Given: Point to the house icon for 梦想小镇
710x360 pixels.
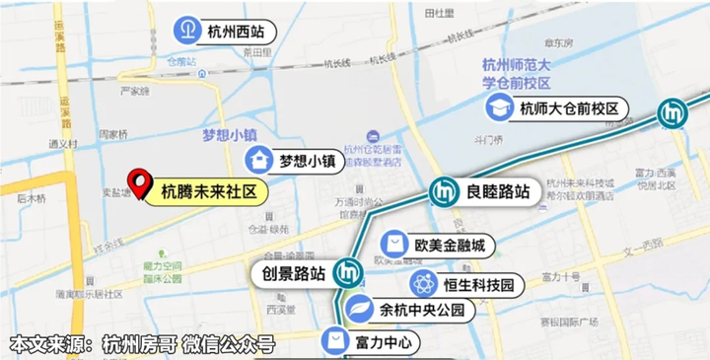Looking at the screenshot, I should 259,159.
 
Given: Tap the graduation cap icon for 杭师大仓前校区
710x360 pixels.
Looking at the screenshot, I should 501,108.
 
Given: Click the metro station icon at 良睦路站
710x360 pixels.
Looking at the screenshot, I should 443,191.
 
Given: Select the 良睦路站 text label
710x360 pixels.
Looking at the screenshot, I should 499,191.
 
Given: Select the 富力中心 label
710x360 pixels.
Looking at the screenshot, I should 387,342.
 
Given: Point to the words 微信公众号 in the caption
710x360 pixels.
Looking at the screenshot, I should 233,345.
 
